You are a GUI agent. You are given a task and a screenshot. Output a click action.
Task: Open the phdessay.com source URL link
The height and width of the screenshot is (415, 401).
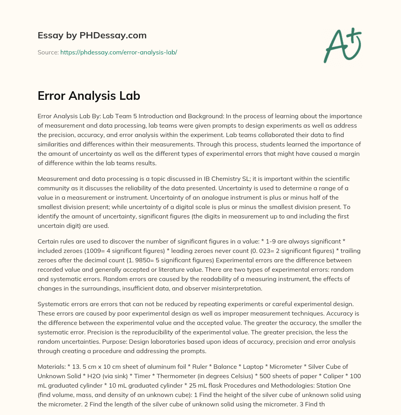click(119, 52)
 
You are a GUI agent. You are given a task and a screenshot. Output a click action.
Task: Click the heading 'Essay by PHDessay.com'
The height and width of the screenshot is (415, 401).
click(92, 35)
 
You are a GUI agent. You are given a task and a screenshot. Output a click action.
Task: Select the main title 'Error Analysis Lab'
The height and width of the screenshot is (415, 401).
click(89, 96)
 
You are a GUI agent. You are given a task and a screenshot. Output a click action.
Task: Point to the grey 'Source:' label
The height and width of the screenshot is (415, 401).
click(48, 52)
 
